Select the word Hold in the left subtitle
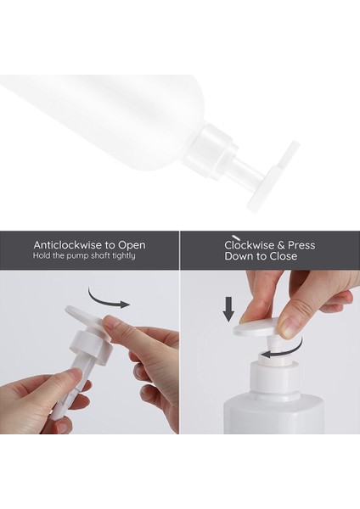[42, 255]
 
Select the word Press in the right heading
[298, 245]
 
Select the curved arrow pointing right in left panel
[111, 299]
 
